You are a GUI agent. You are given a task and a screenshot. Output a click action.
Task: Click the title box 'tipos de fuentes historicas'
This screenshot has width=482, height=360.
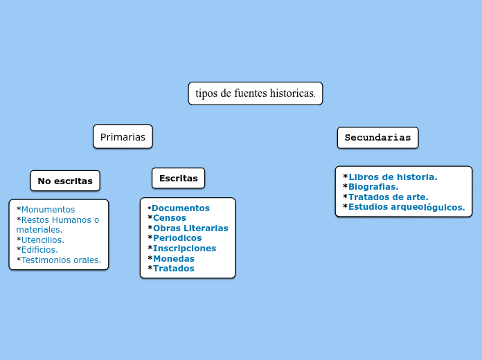coord(256,93)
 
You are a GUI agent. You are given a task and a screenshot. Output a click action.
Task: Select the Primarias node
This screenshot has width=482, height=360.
coord(123,137)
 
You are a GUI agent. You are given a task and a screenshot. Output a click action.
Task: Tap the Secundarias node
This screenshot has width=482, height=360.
coord(377,137)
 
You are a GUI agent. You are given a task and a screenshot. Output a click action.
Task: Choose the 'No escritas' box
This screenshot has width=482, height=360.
coord(65,181)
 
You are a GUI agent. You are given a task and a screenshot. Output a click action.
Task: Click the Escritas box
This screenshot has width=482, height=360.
coord(178,178)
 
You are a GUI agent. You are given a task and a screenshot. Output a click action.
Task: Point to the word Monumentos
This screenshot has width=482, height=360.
coord(48,210)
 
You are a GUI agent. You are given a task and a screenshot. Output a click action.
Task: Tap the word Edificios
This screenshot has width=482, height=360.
coord(39,250)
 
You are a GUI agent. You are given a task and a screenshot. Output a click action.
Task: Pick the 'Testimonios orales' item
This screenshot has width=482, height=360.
coord(61,260)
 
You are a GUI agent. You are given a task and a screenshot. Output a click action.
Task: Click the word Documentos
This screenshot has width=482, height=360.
coord(181,208)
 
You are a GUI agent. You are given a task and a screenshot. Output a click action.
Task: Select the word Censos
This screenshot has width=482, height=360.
coord(170,218)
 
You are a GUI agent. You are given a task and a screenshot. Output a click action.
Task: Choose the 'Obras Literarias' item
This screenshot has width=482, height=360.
coord(190,228)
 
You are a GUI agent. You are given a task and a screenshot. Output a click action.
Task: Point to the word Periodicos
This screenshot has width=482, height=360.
coord(177,238)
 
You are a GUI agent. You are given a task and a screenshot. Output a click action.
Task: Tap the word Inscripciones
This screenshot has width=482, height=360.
coord(184,249)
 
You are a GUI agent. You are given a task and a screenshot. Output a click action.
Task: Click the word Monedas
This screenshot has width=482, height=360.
coord(174,258)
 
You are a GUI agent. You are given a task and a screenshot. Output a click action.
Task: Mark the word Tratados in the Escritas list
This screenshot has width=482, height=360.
coord(174,269)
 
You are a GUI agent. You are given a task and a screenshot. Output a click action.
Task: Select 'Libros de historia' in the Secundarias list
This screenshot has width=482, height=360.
coord(393,177)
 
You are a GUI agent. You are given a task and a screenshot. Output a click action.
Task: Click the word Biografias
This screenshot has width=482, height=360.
coord(373,187)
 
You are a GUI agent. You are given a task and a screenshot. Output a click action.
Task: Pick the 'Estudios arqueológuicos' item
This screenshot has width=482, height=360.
coord(407,207)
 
